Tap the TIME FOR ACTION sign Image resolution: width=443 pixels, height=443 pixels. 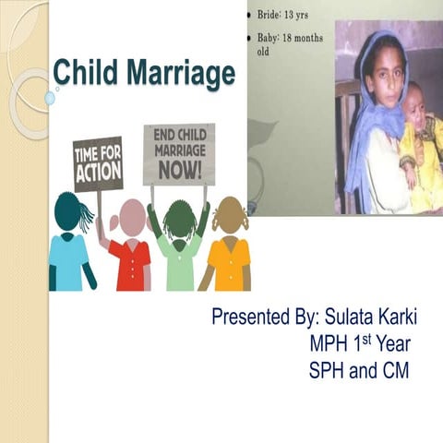coord(98,162)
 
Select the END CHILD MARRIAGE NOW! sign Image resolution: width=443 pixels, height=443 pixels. coord(178,153)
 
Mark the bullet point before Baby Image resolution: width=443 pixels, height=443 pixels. coord(252,38)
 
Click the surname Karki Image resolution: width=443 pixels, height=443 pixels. coord(396,317)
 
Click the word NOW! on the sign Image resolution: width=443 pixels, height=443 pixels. coord(179,169)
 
